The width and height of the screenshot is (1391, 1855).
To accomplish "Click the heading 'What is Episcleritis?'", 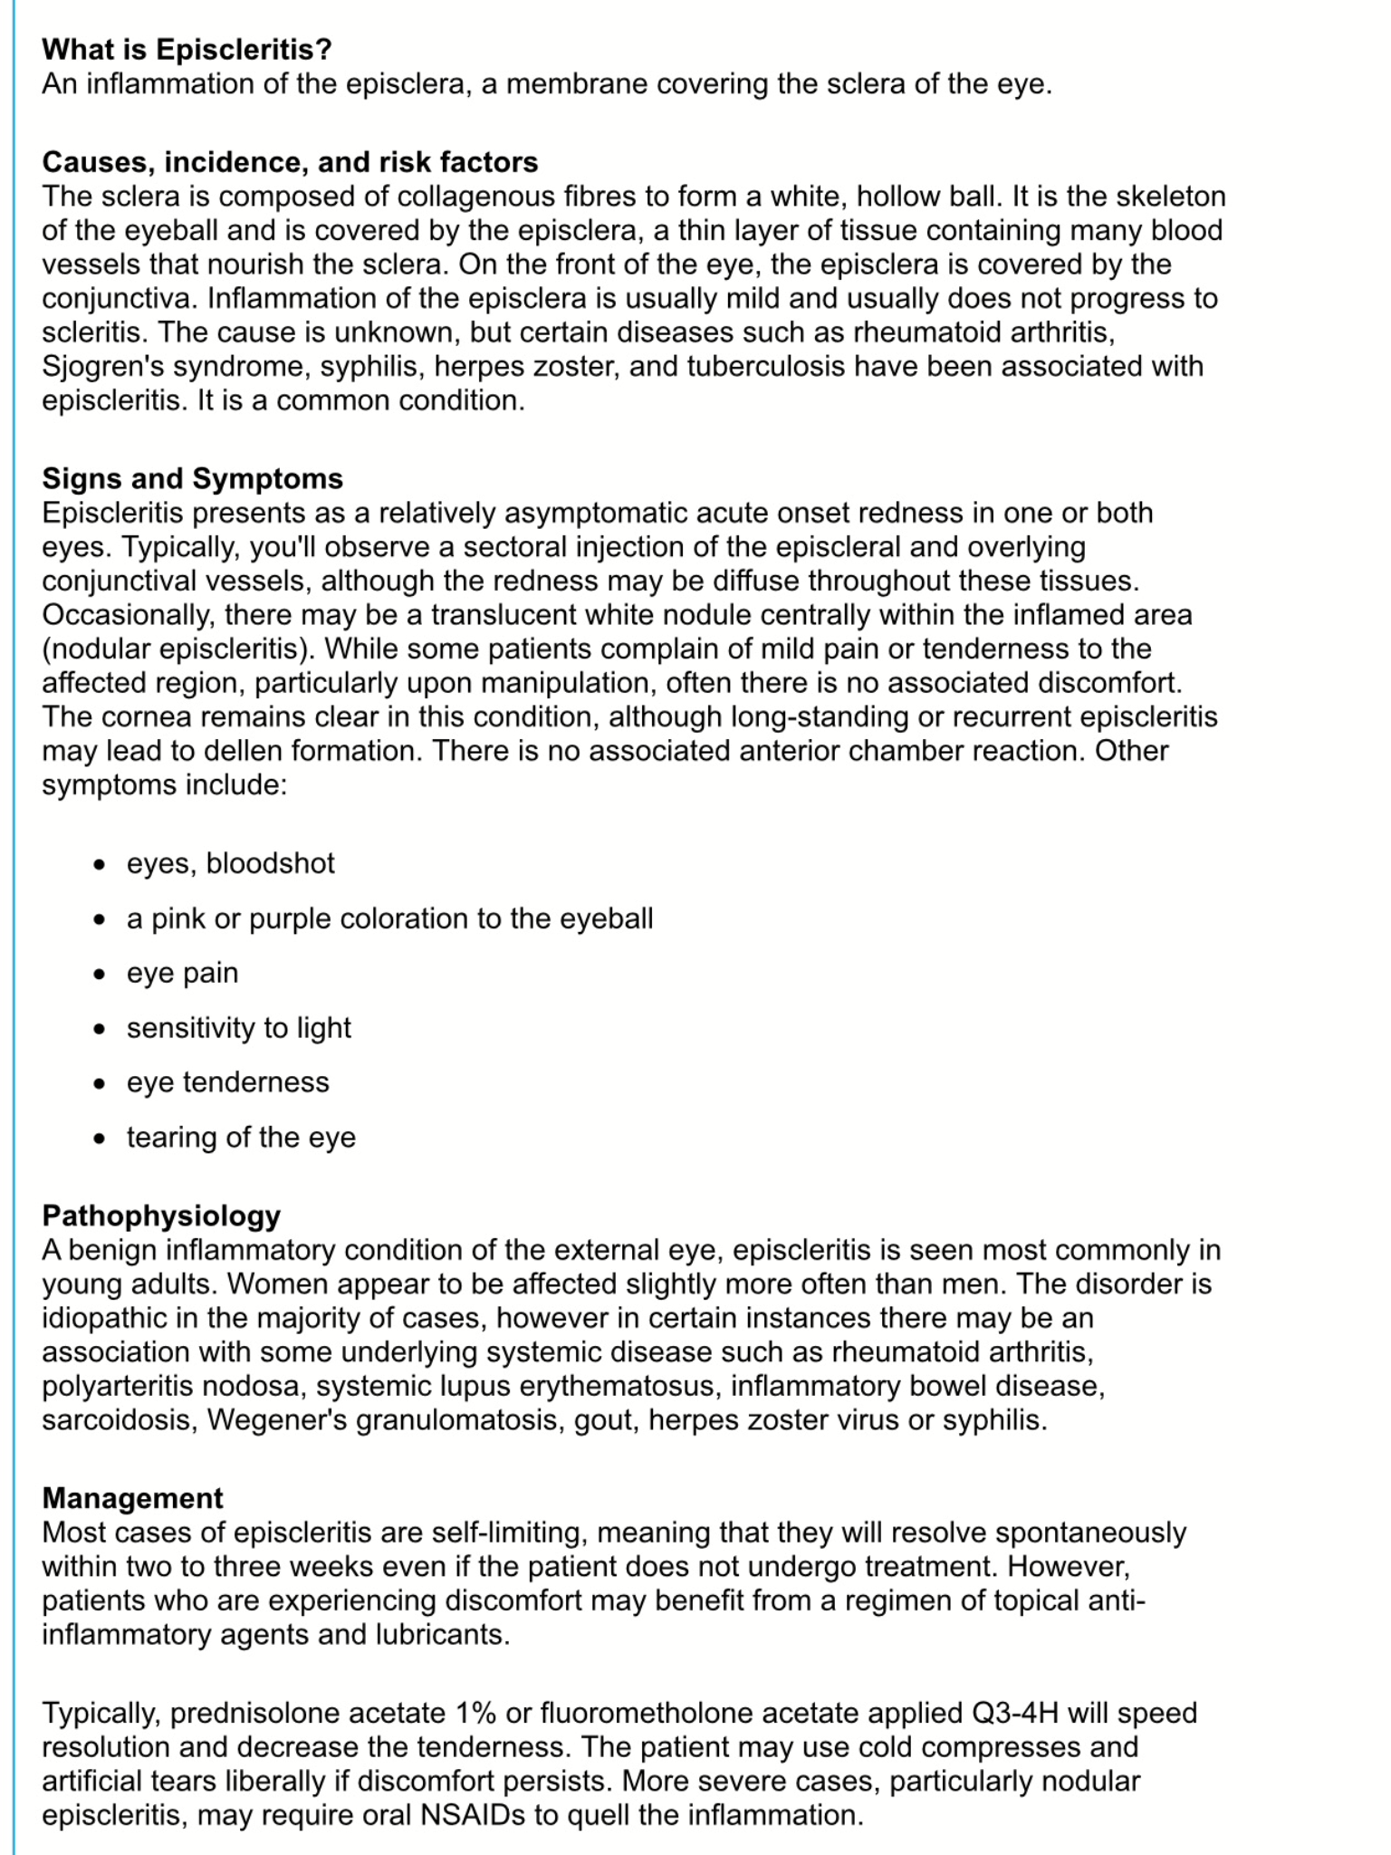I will point(187,49).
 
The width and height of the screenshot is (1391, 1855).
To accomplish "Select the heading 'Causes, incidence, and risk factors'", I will point(290,162).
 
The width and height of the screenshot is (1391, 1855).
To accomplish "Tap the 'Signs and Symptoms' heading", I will point(192,478).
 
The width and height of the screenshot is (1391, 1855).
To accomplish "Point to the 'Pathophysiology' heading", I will point(161,1215).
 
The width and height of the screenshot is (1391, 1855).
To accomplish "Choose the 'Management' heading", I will point(132,1497).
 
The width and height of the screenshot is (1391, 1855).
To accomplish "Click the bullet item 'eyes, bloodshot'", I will point(230,863).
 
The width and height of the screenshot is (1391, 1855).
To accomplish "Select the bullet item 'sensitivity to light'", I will point(238,1027).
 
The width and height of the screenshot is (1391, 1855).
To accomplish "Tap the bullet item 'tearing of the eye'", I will point(241,1137).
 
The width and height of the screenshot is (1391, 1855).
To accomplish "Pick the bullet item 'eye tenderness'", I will point(227,1082).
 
